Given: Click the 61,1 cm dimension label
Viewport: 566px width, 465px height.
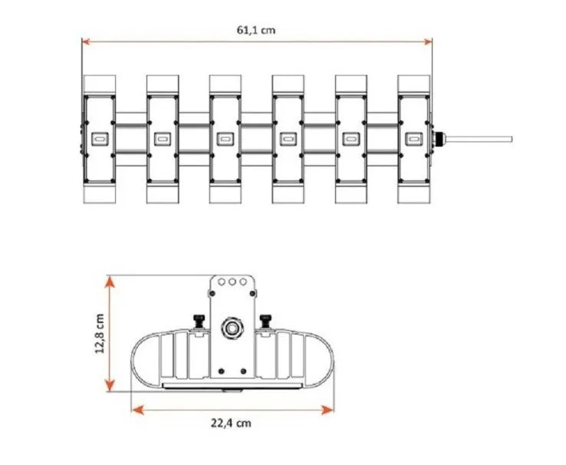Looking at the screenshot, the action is coord(256,30).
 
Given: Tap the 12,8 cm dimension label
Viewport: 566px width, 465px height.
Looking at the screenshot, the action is coord(100,334).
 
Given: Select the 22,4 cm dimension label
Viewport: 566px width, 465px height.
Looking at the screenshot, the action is coord(231,423).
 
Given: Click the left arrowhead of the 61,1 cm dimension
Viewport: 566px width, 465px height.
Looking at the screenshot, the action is coord(86,42).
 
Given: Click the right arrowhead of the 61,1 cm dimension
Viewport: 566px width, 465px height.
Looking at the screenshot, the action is coord(428,42).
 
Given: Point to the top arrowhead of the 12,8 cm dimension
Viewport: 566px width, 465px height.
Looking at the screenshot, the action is coord(110,282).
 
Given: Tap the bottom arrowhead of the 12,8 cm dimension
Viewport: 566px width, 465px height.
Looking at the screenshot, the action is coord(110,385).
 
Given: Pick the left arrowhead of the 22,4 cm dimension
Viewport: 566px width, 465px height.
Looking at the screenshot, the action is coord(137,410).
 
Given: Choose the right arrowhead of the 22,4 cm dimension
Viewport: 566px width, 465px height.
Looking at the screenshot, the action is coord(327,410).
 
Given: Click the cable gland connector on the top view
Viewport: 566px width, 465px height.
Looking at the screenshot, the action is coord(439,139).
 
